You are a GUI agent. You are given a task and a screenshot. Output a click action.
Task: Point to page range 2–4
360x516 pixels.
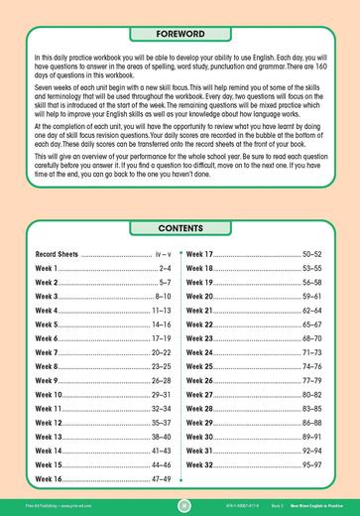click(x=166, y=269)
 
